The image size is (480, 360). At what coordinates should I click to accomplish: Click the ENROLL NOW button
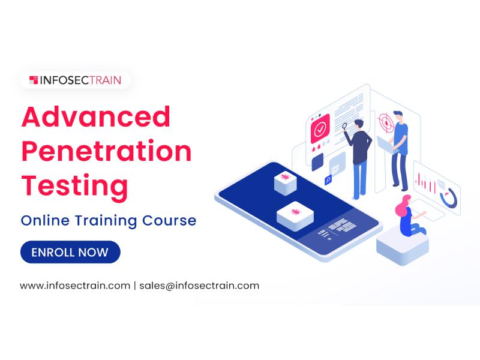[x=70, y=252]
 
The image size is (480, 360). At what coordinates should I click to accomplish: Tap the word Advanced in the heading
[x=96, y=116]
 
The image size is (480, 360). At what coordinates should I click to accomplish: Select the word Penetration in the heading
[x=107, y=151]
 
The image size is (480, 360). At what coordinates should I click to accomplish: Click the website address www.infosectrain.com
[x=75, y=286]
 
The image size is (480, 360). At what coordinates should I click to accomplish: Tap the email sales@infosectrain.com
[x=199, y=286]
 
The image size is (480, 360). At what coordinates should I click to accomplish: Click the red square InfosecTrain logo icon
[x=34, y=80]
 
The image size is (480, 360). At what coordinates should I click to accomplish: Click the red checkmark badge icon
[x=320, y=129]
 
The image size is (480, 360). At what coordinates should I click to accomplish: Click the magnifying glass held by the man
[x=344, y=126]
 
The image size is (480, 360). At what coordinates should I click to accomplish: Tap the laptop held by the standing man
[x=386, y=145]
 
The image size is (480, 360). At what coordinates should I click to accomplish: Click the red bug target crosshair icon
[x=386, y=123]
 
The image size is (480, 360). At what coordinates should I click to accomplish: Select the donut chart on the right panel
[x=449, y=198]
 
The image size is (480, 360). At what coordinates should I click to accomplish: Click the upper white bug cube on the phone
[x=286, y=183]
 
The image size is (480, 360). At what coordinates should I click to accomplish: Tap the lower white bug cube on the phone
[x=295, y=216]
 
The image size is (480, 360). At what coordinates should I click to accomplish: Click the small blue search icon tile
[x=328, y=179]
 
